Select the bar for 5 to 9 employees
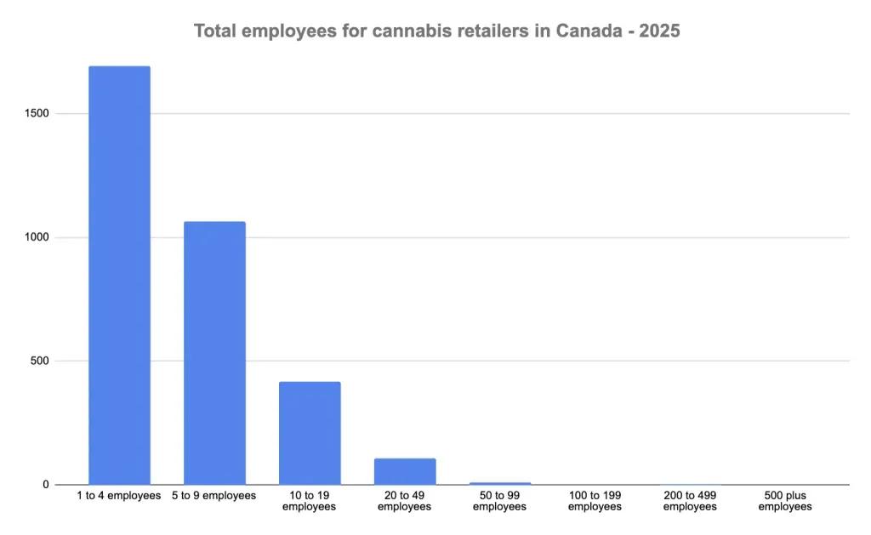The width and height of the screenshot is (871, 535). (x=214, y=353)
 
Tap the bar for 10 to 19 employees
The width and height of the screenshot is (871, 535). (x=310, y=433)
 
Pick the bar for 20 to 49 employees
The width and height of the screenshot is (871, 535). (x=405, y=471)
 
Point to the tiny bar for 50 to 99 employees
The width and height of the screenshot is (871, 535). (x=500, y=483)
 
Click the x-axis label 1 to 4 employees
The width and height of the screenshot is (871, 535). (x=119, y=496)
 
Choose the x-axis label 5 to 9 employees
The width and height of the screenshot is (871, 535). (x=214, y=496)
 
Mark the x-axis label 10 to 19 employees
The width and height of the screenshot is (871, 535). (x=310, y=501)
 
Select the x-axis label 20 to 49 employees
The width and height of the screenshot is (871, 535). (x=405, y=501)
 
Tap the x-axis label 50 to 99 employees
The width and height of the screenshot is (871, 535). (x=500, y=501)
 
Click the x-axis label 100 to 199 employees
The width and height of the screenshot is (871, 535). (x=595, y=501)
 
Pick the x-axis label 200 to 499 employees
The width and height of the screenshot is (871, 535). (x=690, y=501)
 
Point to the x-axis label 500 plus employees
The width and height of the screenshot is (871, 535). (x=785, y=501)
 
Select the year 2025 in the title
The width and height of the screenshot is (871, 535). (x=657, y=31)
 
